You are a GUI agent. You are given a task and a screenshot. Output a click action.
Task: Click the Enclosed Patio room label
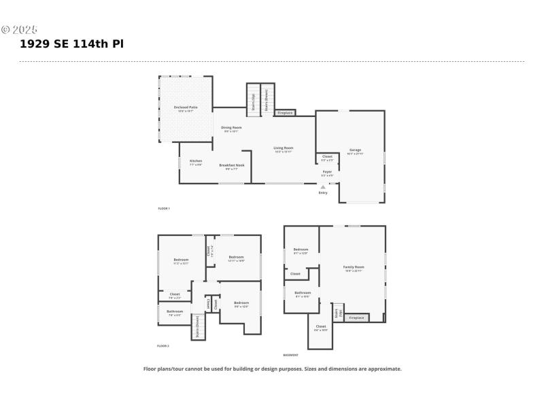click(185, 108)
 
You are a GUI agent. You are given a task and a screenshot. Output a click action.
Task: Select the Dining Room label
click(231, 129)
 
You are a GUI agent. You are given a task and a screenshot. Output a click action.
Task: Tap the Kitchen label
click(196, 162)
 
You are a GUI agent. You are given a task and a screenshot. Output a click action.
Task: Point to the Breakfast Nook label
click(232, 166)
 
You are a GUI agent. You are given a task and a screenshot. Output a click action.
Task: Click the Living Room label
click(283, 149)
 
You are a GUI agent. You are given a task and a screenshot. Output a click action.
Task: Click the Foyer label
click(327, 173)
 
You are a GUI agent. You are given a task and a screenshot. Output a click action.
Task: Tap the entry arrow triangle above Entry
click(323, 186)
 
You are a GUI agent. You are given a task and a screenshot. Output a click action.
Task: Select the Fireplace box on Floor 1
click(285, 113)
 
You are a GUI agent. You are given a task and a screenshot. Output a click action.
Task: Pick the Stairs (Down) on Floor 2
click(198, 326)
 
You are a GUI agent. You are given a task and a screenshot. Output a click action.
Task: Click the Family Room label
click(354, 268)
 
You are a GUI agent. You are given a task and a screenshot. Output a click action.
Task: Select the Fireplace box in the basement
click(356, 318)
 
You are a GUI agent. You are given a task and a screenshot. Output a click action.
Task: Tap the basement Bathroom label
click(303, 294)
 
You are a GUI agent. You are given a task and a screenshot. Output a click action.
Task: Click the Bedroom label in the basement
click(301, 250)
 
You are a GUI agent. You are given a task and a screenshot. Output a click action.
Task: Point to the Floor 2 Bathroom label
click(175, 312)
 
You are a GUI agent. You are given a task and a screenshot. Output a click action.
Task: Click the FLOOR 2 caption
click(163, 346)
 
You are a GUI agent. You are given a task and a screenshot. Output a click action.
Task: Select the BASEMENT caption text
click(290, 355)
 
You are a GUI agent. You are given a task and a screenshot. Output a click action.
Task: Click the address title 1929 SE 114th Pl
click(71, 44)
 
